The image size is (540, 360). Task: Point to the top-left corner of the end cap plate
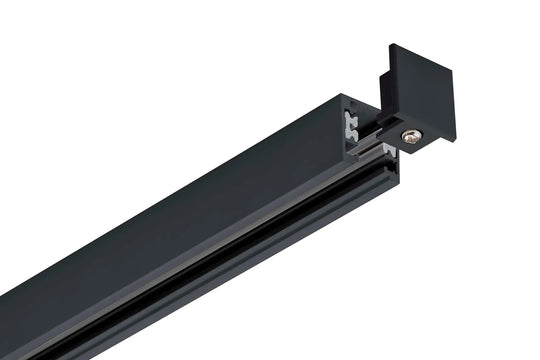point(390,46)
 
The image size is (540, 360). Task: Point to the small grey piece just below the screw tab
point(388,150)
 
